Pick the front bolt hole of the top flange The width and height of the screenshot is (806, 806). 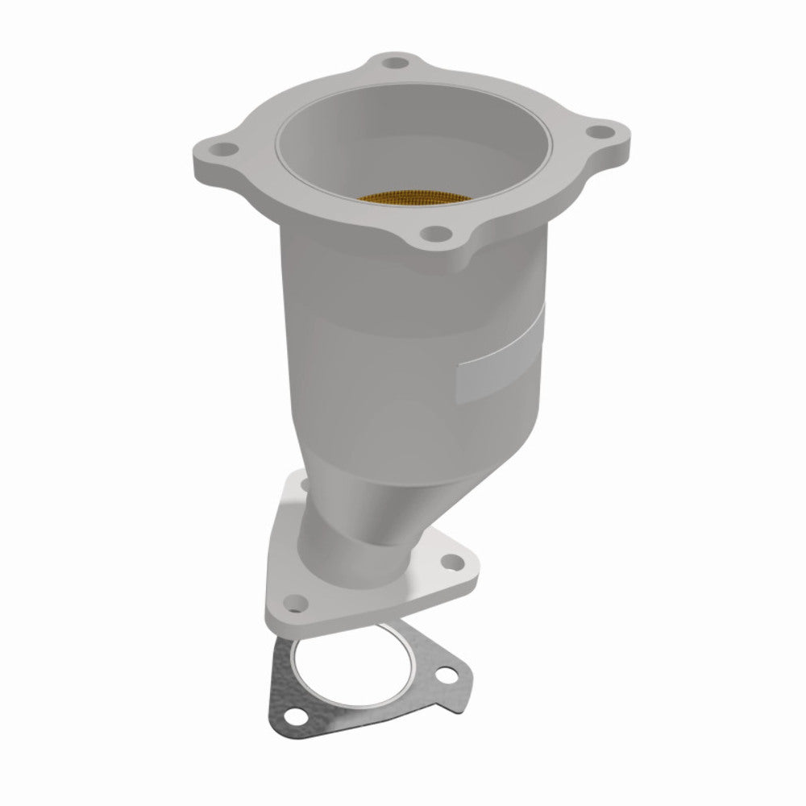[436, 232]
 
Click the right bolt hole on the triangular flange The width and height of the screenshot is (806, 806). [454, 555]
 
